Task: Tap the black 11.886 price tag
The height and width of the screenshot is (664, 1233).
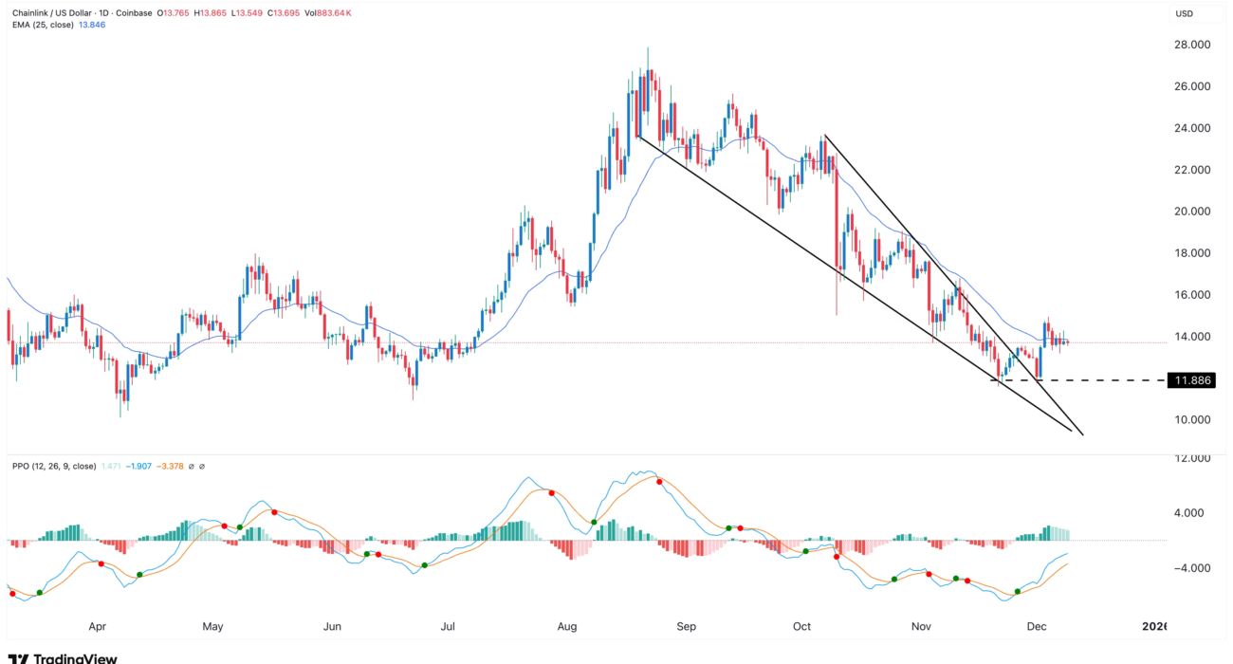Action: tap(1191, 380)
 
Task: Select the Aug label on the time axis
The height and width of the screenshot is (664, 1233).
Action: tap(567, 627)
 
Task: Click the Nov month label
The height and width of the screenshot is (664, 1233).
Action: tap(920, 627)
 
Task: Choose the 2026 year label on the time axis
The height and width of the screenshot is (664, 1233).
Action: tap(1154, 627)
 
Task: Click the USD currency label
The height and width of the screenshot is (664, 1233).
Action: tap(1184, 14)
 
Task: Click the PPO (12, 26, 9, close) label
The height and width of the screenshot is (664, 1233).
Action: tap(53, 467)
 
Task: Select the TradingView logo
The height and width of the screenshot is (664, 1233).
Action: tap(62, 657)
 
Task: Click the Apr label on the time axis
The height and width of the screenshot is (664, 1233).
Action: tap(97, 627)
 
